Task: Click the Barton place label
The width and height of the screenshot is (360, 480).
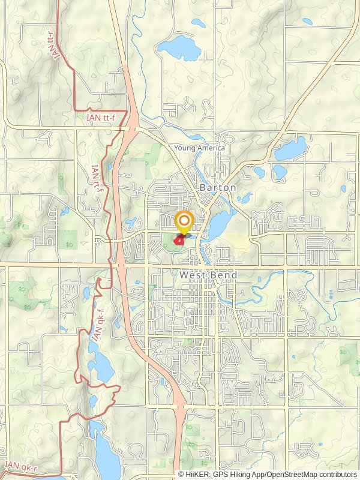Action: click(218, 187)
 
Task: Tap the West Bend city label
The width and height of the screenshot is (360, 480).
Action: click(208, 275)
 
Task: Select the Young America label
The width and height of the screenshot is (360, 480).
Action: click(200, 148)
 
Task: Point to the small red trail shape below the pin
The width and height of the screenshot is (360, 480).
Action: click(179, 240)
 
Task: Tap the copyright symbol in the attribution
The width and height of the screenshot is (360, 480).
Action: click(181, 474)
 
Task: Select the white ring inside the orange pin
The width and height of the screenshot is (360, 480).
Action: click(184, 220)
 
